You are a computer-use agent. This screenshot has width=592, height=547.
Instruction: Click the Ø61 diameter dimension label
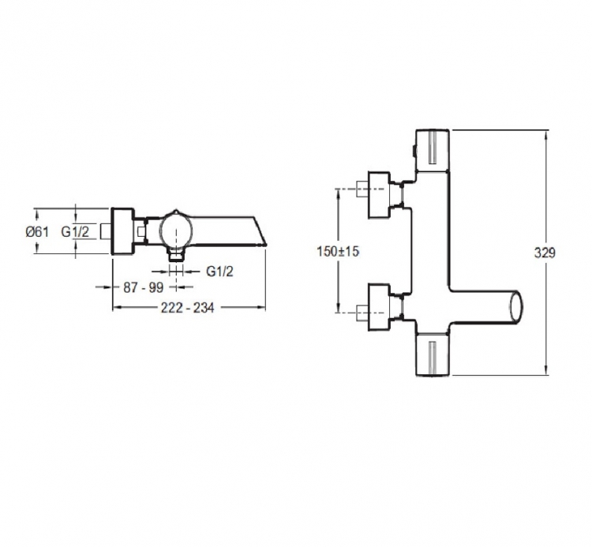[37, 231]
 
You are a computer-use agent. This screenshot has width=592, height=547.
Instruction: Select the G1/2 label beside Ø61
[75, 231]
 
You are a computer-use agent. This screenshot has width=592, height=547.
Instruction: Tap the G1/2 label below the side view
[219, 271]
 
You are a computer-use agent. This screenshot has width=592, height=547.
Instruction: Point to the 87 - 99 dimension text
[143, 287]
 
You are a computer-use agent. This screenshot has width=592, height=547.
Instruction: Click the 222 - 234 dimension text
[188, 308]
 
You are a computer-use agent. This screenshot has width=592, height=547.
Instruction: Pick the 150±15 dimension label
[338, 252]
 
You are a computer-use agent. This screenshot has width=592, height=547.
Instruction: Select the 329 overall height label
[545, 253]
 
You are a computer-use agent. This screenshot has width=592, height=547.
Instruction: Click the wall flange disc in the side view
[122, 231]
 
